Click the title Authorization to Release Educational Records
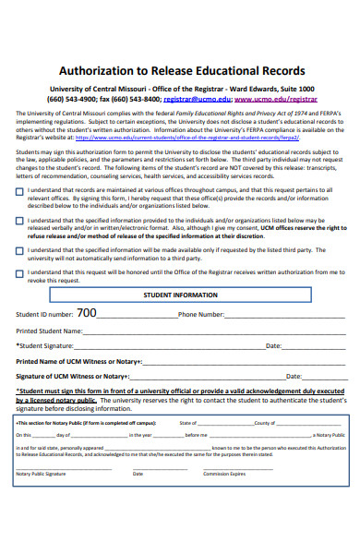click(181, 70)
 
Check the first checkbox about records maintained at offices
click(20, 192)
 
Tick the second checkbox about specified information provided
click(20, 222)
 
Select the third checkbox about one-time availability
click(20, 250)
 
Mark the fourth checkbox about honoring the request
click(20, 273)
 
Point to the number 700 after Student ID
click(86, 313)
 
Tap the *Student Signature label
click(47, 345)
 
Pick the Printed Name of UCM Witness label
click(78, 361)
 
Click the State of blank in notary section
click(222, 423)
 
